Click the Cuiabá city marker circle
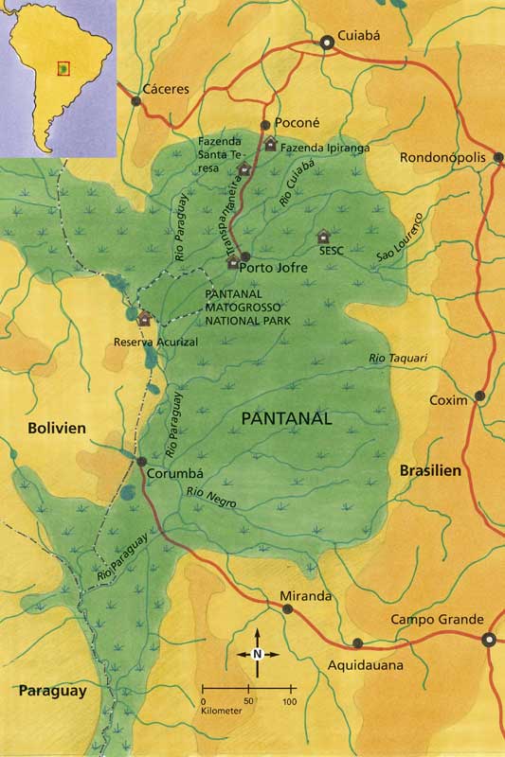327,42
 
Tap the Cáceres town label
166,90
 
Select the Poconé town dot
265,124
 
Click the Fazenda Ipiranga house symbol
271,145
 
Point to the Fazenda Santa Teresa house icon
243,169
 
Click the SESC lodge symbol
324,236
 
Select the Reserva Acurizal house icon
144,320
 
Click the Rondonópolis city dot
499,158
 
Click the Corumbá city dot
141,462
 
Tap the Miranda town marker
287,608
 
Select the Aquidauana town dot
357,643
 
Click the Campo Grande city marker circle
490,640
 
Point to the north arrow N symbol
257,653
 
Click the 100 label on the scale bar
289,701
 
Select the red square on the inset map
63,68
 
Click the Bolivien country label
56,428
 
